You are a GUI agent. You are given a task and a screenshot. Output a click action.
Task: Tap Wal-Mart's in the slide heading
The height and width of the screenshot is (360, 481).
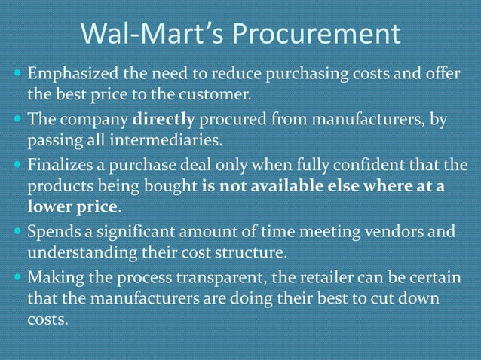coord(151,35)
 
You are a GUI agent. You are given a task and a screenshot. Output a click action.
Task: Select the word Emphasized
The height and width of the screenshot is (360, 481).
coord(72,76)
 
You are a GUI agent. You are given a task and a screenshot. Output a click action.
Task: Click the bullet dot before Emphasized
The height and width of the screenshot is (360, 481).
coord(17,76)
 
